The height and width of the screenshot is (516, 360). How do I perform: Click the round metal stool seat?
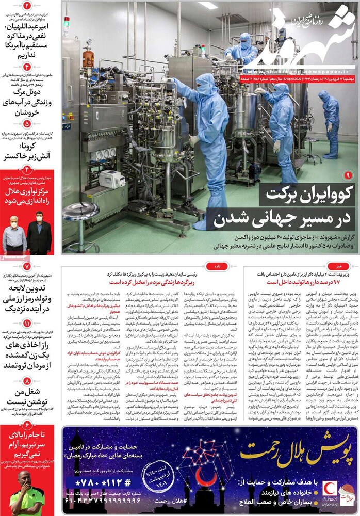pos(81,211)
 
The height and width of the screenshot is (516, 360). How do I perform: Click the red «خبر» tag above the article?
pos(339,266)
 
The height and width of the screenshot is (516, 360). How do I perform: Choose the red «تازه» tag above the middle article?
pos(211,266)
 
